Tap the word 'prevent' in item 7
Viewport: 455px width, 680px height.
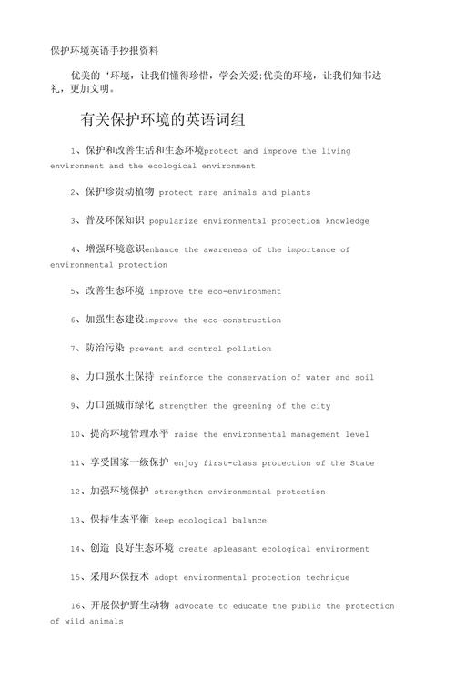click(x=147, y=349)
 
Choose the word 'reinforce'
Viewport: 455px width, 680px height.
click(x=181, y=377)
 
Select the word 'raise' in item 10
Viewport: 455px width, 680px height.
click(x=187, y=435)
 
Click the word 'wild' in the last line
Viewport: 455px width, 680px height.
click(x=75, y=623)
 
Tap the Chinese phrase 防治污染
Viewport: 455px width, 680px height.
click(x=105, y=348)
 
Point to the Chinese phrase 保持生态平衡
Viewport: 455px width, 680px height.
click(x=117, y=520)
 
